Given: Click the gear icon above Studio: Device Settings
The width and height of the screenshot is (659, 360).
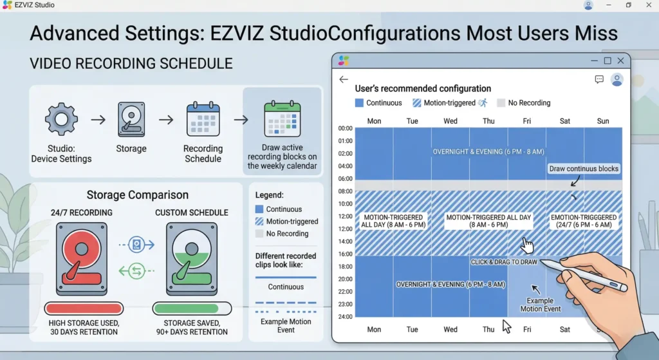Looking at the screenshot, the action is click(x=61, y=119).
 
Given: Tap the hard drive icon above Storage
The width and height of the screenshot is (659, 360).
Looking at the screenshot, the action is click(x=131, y=119).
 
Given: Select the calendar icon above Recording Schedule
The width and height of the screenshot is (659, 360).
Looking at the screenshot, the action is click(x=203, y=119).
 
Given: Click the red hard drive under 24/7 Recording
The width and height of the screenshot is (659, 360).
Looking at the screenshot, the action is click(x=82, y=259).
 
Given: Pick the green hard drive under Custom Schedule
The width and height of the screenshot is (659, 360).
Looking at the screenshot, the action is click(x=192, y=259).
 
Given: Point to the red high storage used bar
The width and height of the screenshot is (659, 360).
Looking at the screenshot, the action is click(x=84, y=308).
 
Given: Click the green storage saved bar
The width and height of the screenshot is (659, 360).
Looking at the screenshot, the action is click(x=192, y=308).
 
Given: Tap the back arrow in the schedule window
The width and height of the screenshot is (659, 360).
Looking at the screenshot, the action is click(x=344, y=79).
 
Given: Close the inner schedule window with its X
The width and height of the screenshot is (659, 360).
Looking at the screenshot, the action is click(x=621, y=61).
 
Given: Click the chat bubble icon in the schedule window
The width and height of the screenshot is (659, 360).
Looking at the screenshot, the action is click(x=599, y=79).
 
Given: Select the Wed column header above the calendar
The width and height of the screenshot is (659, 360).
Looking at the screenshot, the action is click(x=450, y=121).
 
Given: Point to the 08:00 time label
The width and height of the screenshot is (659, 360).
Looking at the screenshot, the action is click(x=346, y=191).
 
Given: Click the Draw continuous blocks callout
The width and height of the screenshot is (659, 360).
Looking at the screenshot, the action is click(x=584, y=169).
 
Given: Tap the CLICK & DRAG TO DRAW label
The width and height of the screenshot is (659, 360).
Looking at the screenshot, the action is click(x=504, y=262).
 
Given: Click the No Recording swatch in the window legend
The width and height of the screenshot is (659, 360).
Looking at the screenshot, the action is click(x=501, y=103).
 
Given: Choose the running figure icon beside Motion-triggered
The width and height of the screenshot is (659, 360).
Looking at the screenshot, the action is click(x=483, y=102).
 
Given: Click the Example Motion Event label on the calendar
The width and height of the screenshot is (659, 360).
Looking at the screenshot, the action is click(x=541, y=305).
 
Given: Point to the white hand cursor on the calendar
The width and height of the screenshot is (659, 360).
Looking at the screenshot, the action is click(x=526, y=245).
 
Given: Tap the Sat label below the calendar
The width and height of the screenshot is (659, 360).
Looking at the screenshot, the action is click(x=565, y=329).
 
